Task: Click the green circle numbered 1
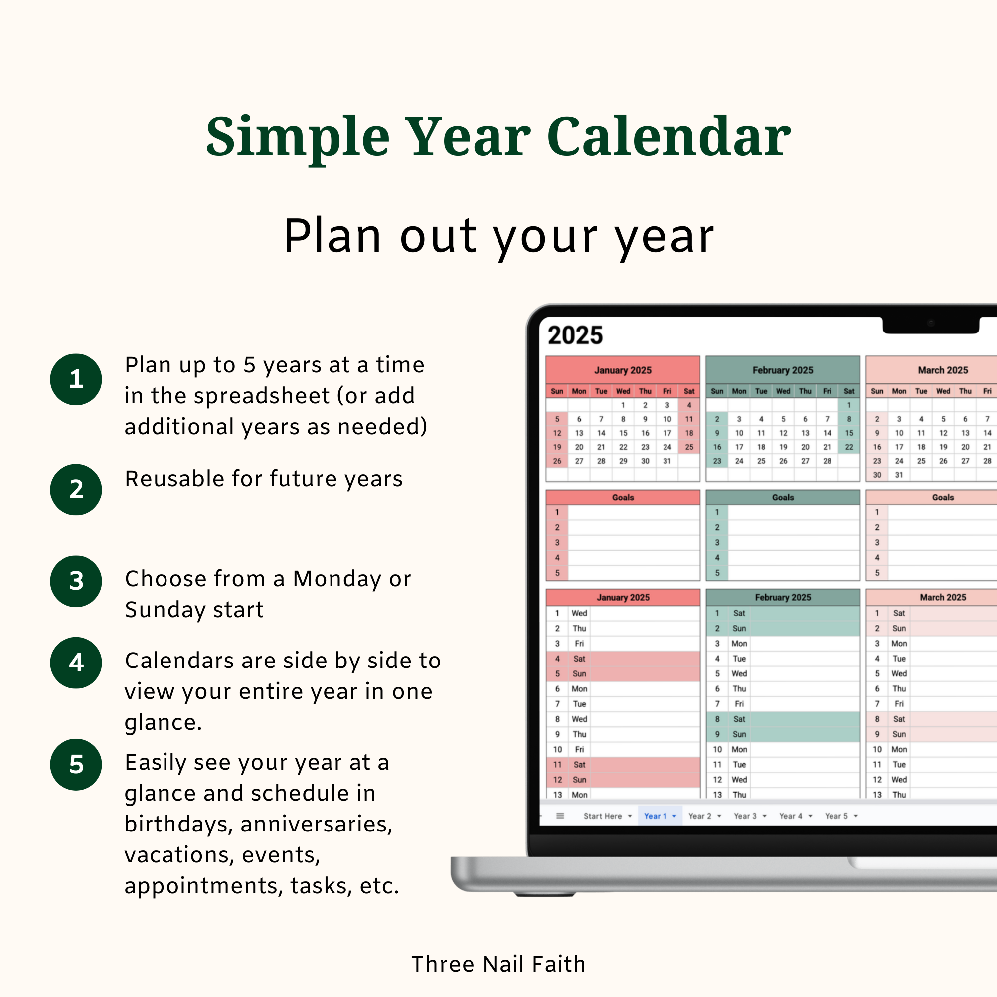click(x=76, y=379)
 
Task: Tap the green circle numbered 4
click(x=76, y=663)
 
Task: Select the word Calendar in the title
click(x=668, y=137)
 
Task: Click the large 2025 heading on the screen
click(x=575, y=335)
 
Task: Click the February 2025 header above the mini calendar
click(x=782, y=370)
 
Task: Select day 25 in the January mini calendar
click(x=689, y=447)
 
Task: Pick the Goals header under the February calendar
click(x=782, y=498)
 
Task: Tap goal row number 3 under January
click(x=557, y=542)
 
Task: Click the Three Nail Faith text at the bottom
click(x=498, y=964)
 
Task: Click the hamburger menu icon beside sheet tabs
click(x=560, y=816)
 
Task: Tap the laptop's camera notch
click(x=931, y=324)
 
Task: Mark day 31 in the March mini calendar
click(x=899, y=475)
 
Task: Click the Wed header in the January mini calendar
click(x=623, y=391)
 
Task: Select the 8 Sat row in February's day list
click(x=782, y=719)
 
